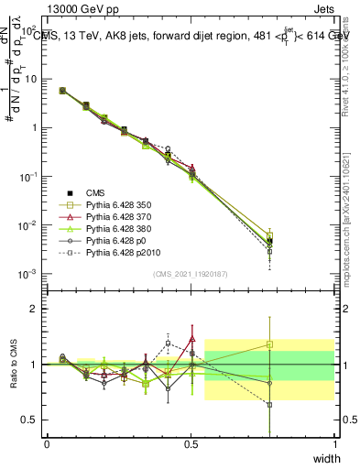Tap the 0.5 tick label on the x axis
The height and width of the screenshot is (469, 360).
pos(191,443)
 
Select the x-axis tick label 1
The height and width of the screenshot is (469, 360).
pos(334,443)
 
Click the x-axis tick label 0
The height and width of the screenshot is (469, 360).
pos(47,443)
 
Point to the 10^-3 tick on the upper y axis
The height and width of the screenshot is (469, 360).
pos(30,274)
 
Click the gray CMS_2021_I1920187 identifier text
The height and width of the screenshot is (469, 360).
pos(191,274)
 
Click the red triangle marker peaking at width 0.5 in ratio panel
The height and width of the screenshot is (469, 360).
pos(191,338)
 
